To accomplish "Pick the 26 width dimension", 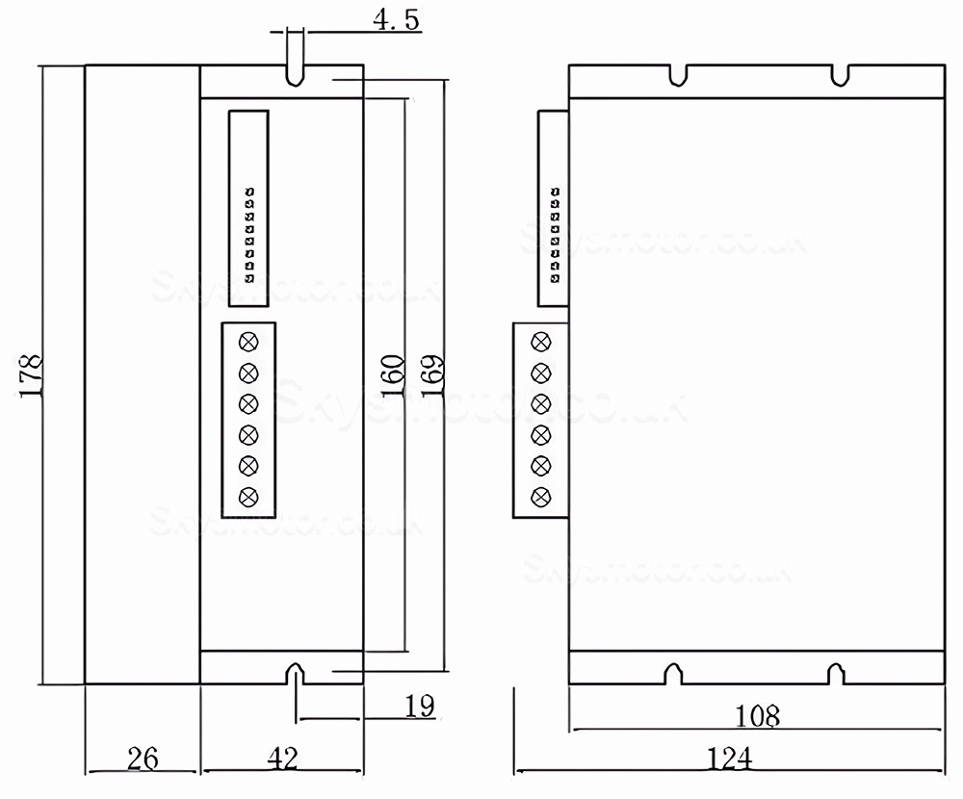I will click(143, 758).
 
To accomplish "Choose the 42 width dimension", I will click(280, 758).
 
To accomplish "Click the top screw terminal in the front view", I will click(249, 341).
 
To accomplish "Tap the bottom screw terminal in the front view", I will click(249, 496).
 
